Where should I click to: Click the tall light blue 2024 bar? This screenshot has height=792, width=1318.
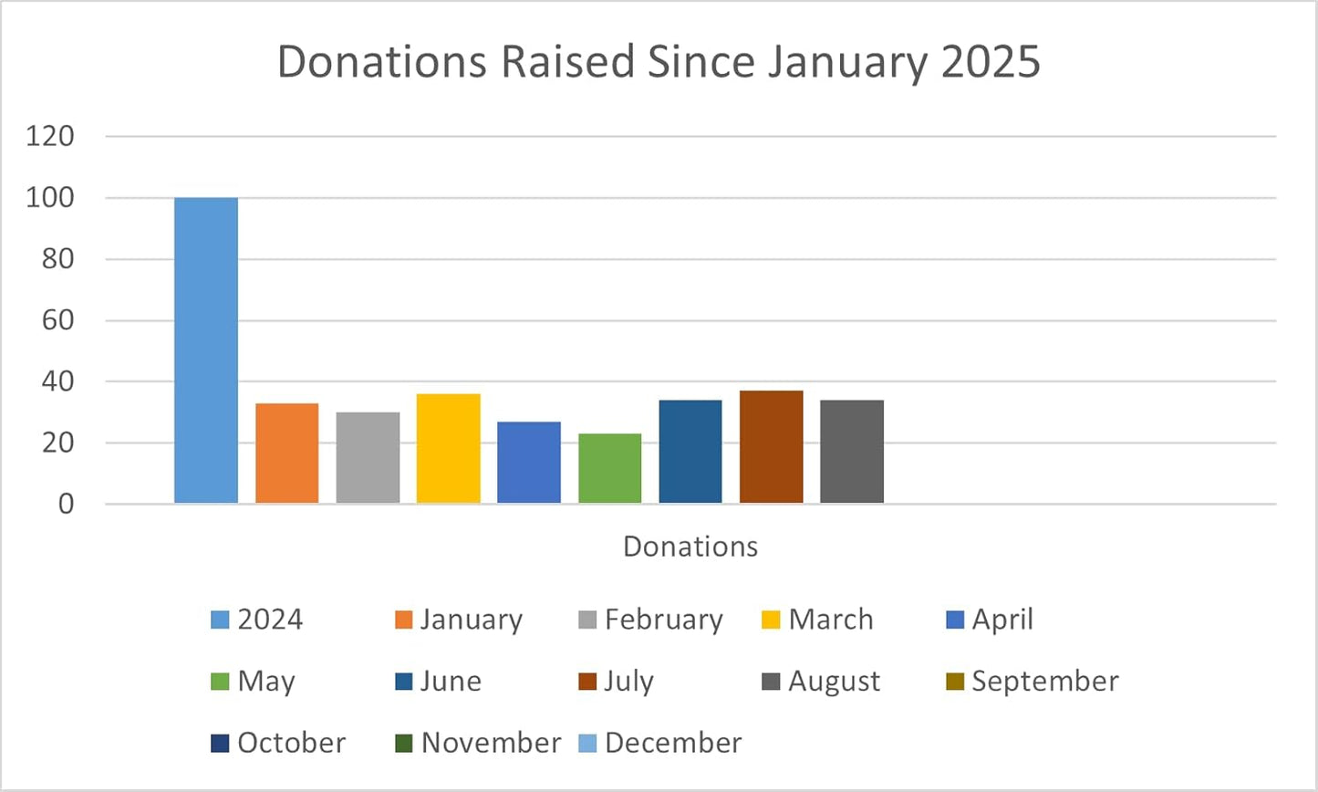tap(206, 350)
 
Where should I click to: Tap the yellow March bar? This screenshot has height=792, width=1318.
tap(448, 448)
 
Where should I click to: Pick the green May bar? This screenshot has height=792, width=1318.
tap(609, 468)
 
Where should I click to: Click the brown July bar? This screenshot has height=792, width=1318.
tap(771, 447)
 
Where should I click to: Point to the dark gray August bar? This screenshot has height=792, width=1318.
tap(852, 452)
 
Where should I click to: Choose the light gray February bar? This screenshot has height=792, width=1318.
tap(368, 457)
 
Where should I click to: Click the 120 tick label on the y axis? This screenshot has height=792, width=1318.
tap(50, 137)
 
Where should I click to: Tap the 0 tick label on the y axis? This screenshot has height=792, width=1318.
tap(66, 504)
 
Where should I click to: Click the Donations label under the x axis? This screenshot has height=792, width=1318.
tap(690, 546)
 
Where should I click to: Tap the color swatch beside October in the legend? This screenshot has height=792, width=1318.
tap(220, 744)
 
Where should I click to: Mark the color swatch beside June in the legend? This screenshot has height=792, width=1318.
tap(404, 682)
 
